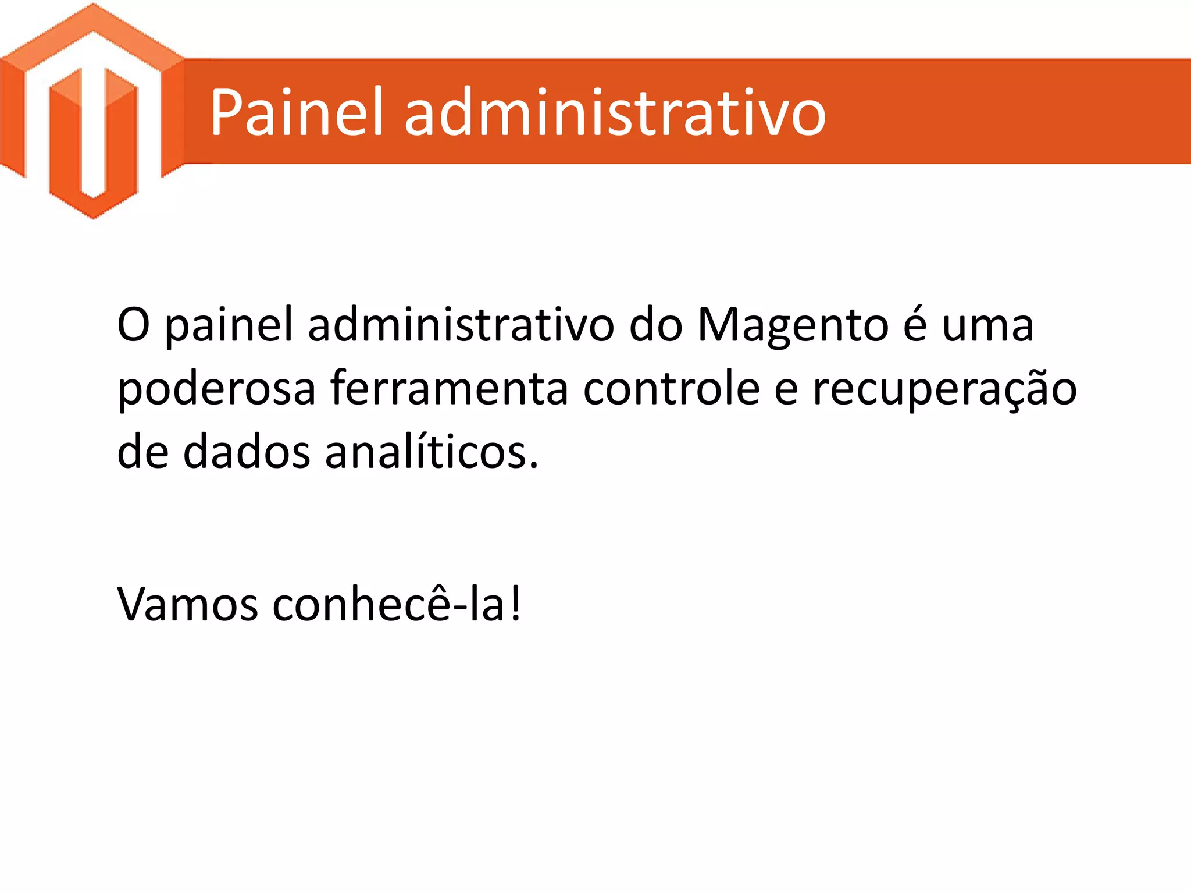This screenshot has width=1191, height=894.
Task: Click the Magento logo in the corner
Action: pos(93,111)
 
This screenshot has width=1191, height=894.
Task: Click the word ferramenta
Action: pos(450,389)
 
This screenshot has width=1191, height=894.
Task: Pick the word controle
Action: pos(671,389)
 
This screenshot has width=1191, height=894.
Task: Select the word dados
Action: pos(247,452)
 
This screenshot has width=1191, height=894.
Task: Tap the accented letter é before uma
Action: pos(915,325)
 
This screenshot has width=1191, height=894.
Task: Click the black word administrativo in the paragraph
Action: pos(461,325)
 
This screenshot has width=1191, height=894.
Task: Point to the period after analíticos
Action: pos(534,466)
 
